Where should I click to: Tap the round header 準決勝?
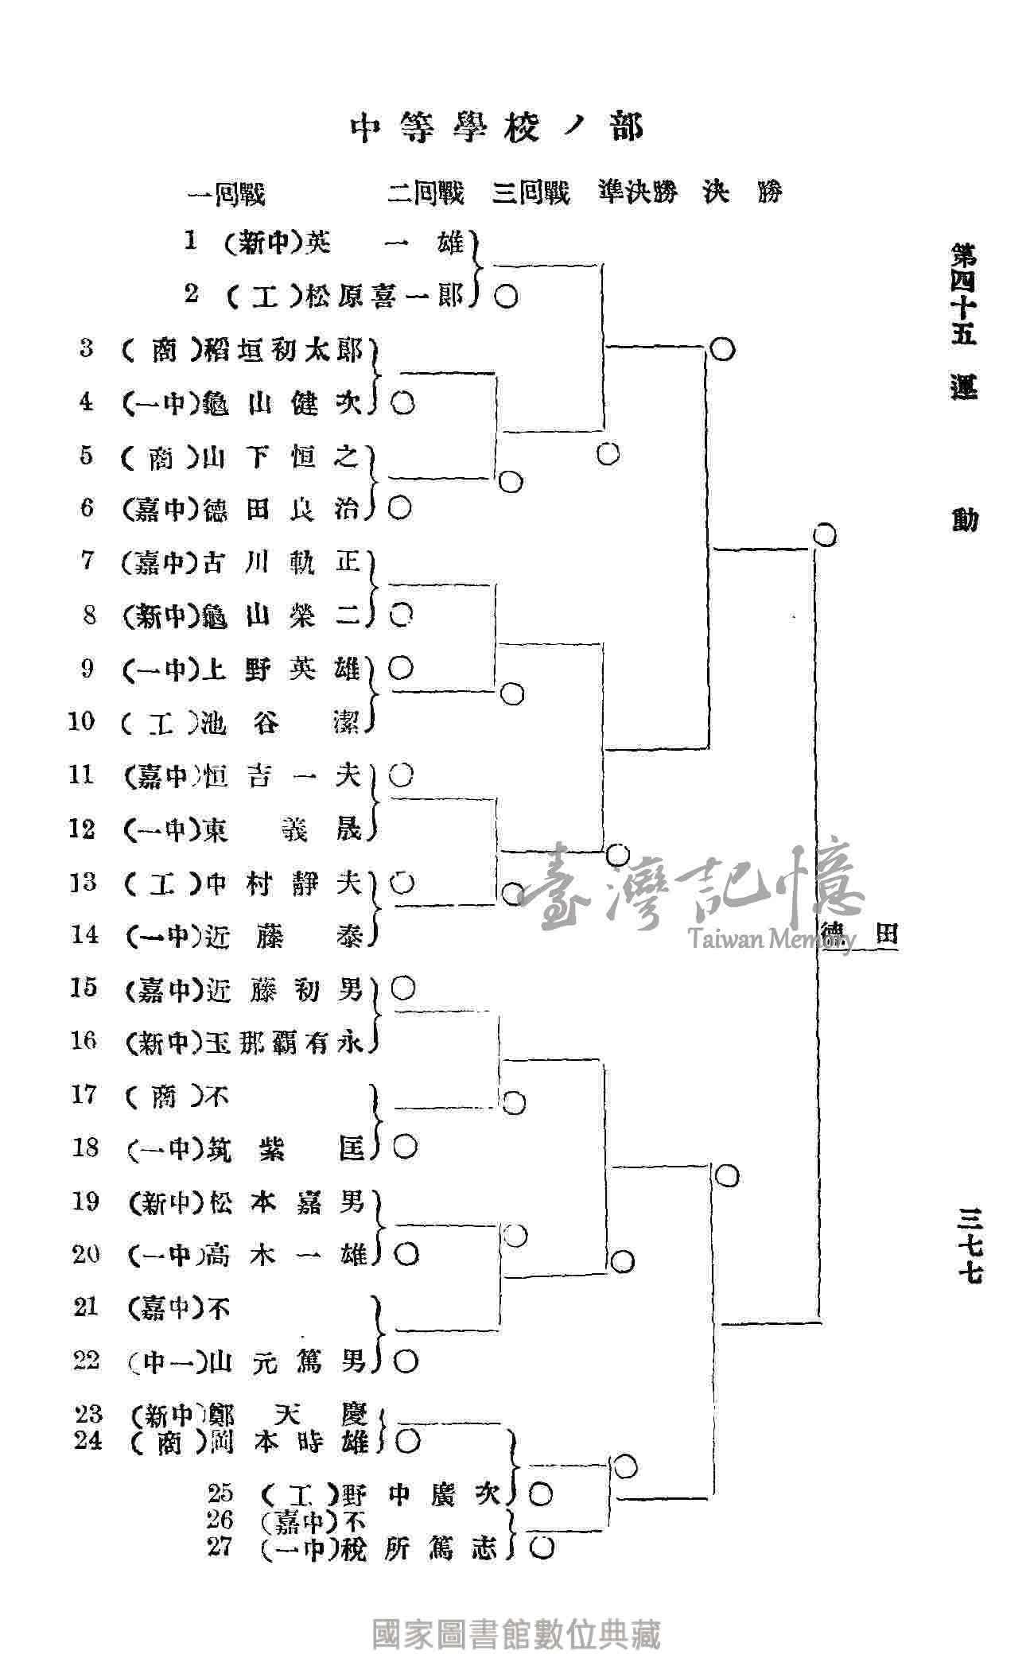pos(637,192)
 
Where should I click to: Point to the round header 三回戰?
pos(531,192)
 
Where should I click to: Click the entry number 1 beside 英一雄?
pos(191,241)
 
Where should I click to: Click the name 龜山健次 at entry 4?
pos(282,402)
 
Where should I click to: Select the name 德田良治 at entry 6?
pos(282,508)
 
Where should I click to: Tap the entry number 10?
pos(82,721)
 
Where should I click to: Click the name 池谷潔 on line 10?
pos(282,722)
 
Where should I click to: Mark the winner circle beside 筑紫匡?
pos(406,1146)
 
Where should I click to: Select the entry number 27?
pos(220,1547)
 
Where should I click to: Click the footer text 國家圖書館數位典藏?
pos(516,1635)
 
